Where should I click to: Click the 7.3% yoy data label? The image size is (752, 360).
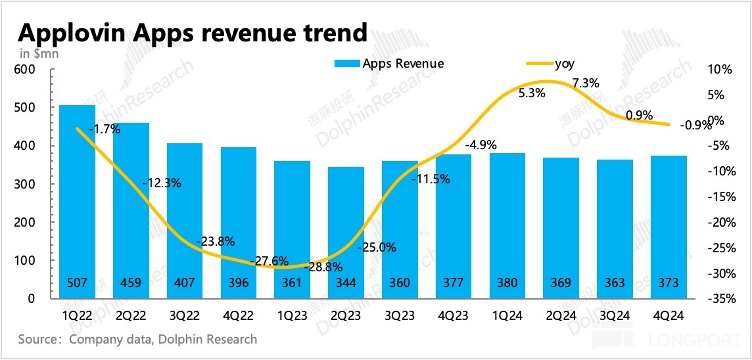pos(586,83)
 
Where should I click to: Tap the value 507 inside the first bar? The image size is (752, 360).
pos(77,283)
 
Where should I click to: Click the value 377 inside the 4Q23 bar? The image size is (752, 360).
pos(453,283)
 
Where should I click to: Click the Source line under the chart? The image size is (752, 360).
pos(138,340)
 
